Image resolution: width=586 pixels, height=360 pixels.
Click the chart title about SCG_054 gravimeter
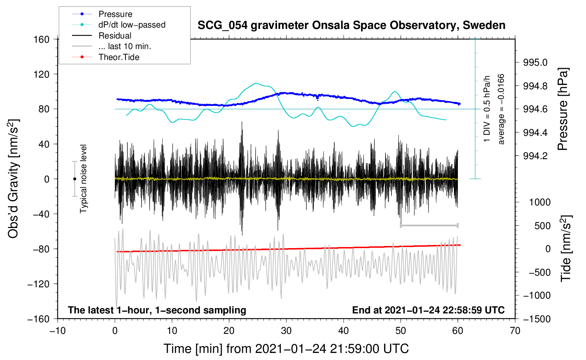click(x=351, y=25)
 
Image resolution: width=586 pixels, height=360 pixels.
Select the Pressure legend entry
click(x=115, y=14)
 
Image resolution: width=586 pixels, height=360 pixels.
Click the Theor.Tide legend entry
click(x=119, y=57)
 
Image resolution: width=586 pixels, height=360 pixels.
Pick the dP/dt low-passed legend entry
click(x=132, y=25)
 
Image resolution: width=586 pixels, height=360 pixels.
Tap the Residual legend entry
click(x=115, y=36)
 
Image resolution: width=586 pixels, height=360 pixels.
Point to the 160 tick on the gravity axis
click(x=42, y=39)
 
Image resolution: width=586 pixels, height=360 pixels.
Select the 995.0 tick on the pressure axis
click(x=535, y=62)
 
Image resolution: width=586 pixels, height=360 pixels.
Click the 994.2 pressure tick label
click(x=535, y=156)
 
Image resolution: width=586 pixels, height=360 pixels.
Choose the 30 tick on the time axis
click(x=286, y=331)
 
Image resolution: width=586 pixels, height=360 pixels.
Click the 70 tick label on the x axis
click(x=515, y=331)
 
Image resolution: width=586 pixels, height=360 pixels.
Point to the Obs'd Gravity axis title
click(x=13, y=179)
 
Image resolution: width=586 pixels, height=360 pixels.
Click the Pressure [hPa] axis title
click(x=563, y=109)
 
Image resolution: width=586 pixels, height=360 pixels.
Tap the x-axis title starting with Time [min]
click(x=286, y=349)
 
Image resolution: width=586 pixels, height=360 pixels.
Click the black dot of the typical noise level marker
click(x=74, y=179)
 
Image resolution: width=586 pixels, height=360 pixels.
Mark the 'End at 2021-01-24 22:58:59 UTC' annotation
click(x=428, y=310)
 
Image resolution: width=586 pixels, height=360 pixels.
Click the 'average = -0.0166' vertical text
click(x=501, y=109)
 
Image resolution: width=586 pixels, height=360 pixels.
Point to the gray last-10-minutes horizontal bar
click(x=429, y=226)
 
